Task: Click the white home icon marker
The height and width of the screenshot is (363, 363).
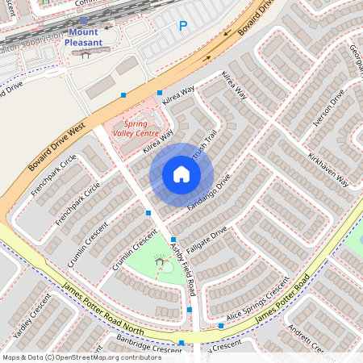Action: click(x=181, y=174)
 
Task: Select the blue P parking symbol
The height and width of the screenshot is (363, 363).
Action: click(x=183, y=27)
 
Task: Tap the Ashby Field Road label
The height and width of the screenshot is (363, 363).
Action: click(x=183, y=270)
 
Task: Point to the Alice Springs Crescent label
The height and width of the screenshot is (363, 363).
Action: click(x=258, y=299)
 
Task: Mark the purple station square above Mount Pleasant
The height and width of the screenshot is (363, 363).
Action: click(x=83, y=22)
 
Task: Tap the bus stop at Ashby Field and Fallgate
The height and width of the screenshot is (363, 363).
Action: click(x=173, y=240)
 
